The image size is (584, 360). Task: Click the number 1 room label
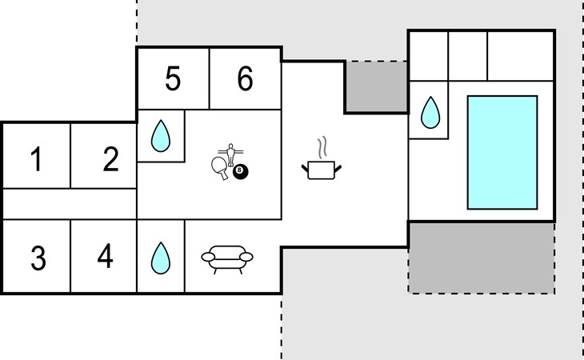tap(36, 158)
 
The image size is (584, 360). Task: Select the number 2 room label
tap(111, 158)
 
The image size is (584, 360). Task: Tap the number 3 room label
tap(38, 258)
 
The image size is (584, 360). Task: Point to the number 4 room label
tap(105, 255)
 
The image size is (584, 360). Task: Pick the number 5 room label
tap(173, 78)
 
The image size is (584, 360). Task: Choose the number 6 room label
tap(245, 78)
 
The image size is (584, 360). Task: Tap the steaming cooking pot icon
tap(322, 158)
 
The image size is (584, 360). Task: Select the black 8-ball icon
tap(241, 172)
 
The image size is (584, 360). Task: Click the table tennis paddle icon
tap(219, 167)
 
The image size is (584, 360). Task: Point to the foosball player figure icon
tap(230, 154)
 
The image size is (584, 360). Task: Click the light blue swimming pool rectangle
tap(502, 152)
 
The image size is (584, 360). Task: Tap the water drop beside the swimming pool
tap(430, 113)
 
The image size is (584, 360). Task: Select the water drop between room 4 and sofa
tap(161, 258)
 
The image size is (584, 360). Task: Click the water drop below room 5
tap(161, 135)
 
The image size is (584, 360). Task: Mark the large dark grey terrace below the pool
tap(482, 258)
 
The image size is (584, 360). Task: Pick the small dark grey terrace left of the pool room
tap(377, 86)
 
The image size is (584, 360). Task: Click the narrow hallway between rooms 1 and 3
tap(70, 204)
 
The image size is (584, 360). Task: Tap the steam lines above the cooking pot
tap(322, 147)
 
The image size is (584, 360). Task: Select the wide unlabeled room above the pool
tap(520, 56)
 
